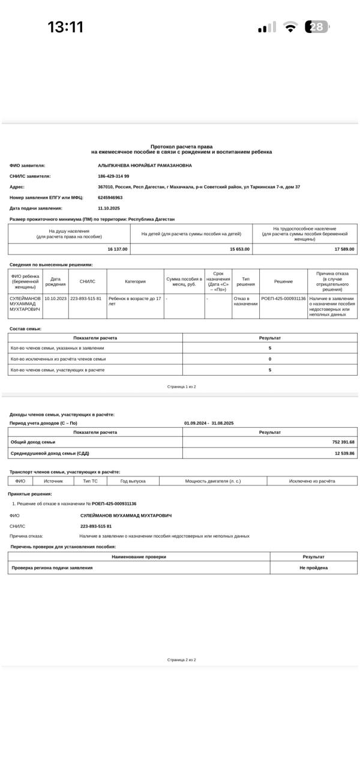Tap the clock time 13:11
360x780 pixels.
click(65, 27)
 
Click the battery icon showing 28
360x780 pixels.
click(317, 27)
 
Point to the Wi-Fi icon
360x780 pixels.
click(290, 27)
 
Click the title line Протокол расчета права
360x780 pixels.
click(181, 146)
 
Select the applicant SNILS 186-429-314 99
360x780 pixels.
click(113, 176)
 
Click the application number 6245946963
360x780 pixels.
click(110, 197)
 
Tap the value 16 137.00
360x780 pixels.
click(118, 249)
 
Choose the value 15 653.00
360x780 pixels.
click(240, 249)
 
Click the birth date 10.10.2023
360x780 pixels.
click(55, 298)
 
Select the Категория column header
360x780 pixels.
click(135, 281)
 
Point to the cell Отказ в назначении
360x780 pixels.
click(245, 301)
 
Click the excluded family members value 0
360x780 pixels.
click(270, 359)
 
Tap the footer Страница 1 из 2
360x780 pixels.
click(181, 387)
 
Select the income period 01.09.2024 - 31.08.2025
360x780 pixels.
click(209, 423)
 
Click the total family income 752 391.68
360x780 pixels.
click(343, 442)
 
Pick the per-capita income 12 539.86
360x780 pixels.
click(344, 454)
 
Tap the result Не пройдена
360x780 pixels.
click(314, 568)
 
